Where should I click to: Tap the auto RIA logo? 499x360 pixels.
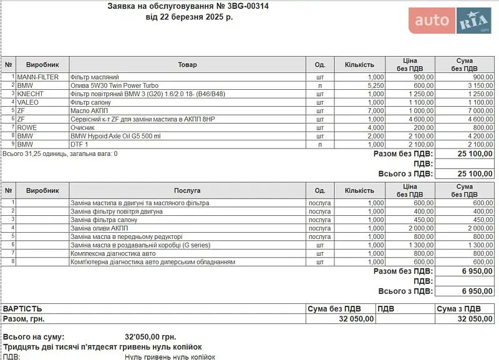[x=450, y=21]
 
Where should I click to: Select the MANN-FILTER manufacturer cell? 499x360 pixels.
[x=37, y=77]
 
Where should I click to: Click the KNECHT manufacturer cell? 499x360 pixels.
[x=31, y=94]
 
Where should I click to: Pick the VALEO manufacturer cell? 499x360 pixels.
[x=29, y=102]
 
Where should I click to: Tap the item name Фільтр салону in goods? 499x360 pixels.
[x=90, y=102]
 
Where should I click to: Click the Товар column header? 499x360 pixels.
[x=187, y=64]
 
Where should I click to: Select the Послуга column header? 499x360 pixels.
[x=187, y=190]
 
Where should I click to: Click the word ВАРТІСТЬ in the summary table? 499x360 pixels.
[x=23, y=308]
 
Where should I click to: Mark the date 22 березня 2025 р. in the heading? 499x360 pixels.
[x=189, y=17]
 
